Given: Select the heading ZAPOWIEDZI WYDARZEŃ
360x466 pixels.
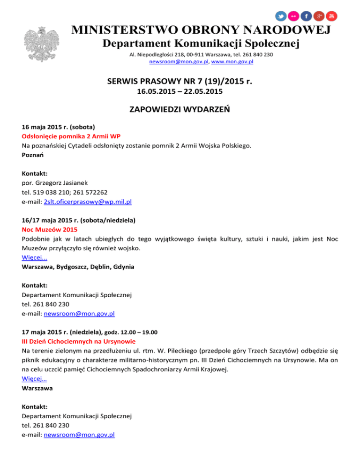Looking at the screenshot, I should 180,111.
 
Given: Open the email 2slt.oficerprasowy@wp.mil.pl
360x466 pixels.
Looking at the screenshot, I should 87,202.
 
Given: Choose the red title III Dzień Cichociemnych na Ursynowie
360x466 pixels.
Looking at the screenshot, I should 79,341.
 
